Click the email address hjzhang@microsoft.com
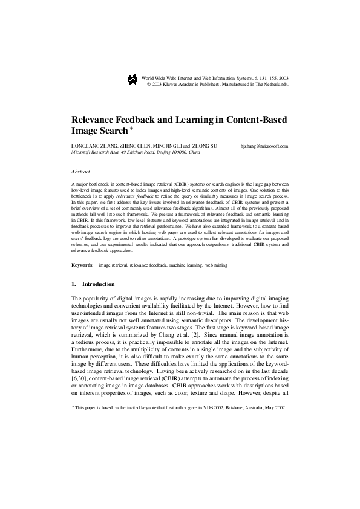264,146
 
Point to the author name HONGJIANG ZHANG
90,146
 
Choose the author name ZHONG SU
205,146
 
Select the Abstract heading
80,172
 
